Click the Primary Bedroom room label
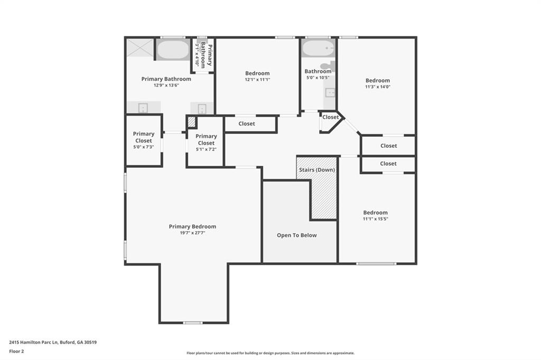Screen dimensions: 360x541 tap(192, 226)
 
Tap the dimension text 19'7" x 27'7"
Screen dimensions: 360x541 tap(192, 233)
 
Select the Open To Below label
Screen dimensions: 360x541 tap(297, 235)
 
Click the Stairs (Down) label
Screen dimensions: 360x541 tap(317, 170)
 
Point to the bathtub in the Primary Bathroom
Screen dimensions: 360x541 tap(173, 50)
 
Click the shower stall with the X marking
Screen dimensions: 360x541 tap(139, 48)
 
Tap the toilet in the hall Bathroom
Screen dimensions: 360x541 tap(328, 67)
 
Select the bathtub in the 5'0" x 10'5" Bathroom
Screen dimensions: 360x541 tap(318, 49)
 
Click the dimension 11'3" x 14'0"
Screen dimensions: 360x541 tap(377, 87)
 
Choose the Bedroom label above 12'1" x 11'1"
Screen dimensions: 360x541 tap(257, 73)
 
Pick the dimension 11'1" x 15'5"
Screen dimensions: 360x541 tap(375, 219)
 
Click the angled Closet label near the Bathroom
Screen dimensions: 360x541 tap(330, 117)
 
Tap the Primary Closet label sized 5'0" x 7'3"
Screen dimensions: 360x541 tap(144, 137)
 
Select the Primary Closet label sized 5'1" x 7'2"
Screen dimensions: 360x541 tap(206, 140)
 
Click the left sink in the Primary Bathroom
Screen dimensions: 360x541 tap(143, 108)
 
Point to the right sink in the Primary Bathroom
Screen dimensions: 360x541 tap(202, 108)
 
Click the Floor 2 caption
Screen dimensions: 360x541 tap(17, 351)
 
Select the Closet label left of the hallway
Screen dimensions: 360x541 tap(247, 124)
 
